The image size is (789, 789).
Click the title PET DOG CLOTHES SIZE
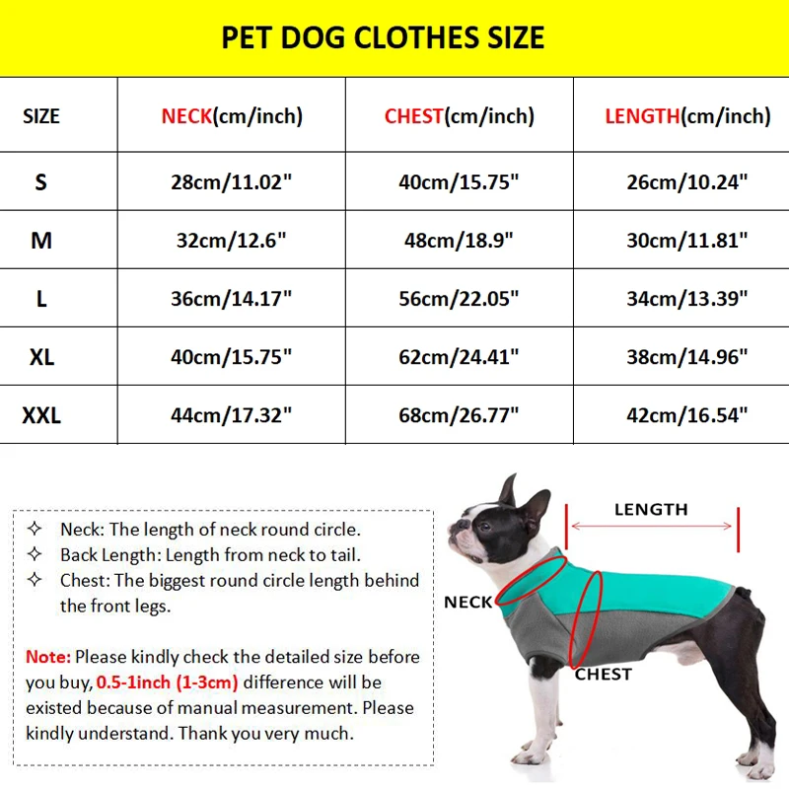(383, 38)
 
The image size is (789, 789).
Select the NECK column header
(232, 116)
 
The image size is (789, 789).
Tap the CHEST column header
(459, 116)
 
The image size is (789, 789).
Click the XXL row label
(41, 415)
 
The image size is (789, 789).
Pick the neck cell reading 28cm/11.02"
(232, 181)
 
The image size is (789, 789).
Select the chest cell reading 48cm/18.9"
(459, 240)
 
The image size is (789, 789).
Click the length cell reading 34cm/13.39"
(687, 298)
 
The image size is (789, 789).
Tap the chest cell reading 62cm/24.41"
(459, 356)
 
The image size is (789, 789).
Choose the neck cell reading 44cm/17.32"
(232, 415)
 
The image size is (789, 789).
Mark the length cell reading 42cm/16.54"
(687, 415)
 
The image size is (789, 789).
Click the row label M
(41, 240)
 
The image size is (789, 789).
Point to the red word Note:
(48, 657)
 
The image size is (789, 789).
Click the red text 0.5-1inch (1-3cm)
(170, 682)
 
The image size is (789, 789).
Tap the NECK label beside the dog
(467, 603)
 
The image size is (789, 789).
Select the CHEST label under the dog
(603, 675)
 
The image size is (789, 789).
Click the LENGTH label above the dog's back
(651, 510)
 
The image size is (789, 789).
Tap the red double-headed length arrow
(652, 527)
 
